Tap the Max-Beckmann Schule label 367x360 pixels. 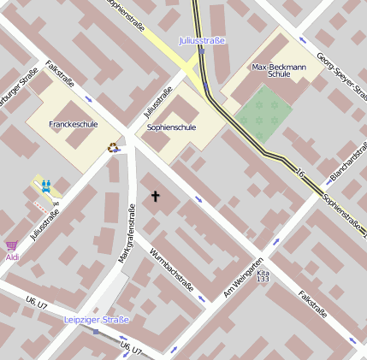[x=273, y=70]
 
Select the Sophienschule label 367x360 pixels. [x=171, y=127]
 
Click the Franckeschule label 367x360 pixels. [x=73, y=124]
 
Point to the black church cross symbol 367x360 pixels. [x=156, y=197]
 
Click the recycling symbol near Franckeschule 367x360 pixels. [x=112, y=146]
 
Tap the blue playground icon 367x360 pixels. [x=45, y=184]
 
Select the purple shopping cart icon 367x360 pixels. [x=11, y=245]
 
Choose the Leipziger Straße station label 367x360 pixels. [x=96, y=320]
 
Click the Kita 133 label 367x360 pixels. [x=263, y=274]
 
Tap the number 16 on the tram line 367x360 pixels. [x=299, y=174]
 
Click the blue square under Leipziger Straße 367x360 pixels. [x=96, y=332]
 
